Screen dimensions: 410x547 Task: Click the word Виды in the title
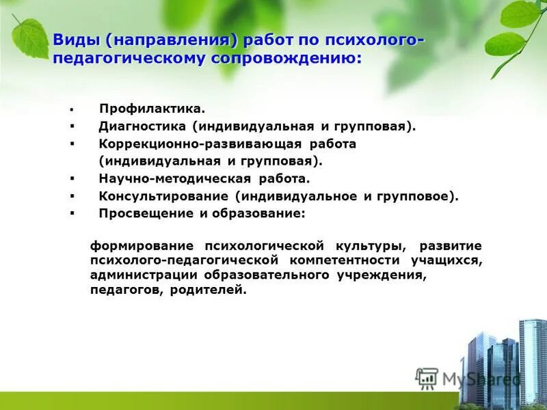pyautogui.click(x=77, y=40)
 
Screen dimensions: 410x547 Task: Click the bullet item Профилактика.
pyautogui.click(x=152, y=109)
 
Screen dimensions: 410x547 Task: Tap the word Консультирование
pyautogui.click(x=163, y=197)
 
